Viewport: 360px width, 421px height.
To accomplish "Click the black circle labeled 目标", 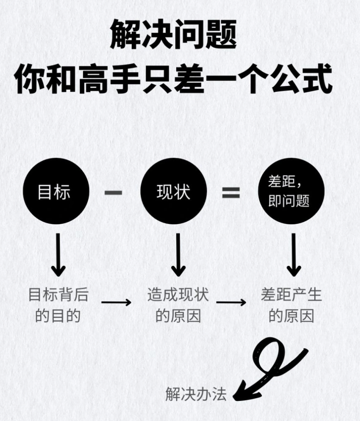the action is click(x=56, y=192).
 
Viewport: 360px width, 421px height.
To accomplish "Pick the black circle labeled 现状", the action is click(x=173, y=192).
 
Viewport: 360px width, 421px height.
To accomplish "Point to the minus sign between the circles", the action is click(x=113, y=193).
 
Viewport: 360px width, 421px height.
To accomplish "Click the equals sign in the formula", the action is click(x=231, y=192).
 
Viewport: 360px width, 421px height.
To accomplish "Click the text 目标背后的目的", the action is click(x=58, y=305).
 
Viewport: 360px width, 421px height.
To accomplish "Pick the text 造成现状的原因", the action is click(x=178, y=305).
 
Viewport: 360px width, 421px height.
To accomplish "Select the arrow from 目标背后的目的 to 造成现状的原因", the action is click(x=116, y=302).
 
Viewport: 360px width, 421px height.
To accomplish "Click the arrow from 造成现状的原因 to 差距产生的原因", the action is click(x=231, y=302).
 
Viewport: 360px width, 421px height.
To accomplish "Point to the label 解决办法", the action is click(x=196, y=394).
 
